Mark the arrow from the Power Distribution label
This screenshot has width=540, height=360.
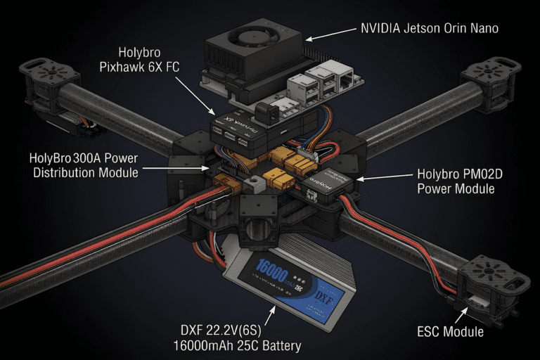point(176,168)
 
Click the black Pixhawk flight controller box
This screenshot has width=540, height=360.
point(246,130)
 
